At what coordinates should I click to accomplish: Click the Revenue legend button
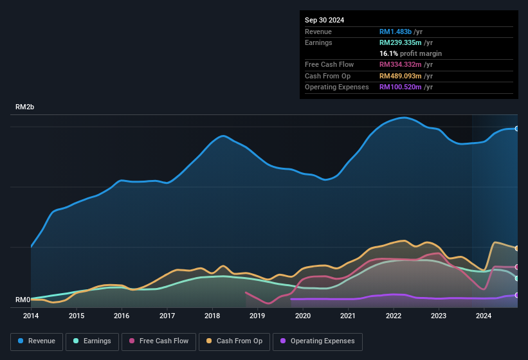(37, 341)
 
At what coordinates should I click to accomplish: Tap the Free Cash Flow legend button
(159, 341)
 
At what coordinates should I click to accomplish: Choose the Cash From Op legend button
(234, 341)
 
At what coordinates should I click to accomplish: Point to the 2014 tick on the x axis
(31, 316)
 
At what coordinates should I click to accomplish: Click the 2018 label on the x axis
(212, 316)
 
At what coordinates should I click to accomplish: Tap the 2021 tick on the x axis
(348, 316)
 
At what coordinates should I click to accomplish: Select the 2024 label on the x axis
(484, 316)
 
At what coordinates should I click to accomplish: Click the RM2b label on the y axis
(24, 107)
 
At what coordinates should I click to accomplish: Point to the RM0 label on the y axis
(23, 300)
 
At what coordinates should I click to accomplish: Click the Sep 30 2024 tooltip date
(324, 20)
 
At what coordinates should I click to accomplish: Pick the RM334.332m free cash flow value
(401, 65)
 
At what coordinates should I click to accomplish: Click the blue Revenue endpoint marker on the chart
(517, 129)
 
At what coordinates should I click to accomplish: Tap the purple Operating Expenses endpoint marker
(517, 295)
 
